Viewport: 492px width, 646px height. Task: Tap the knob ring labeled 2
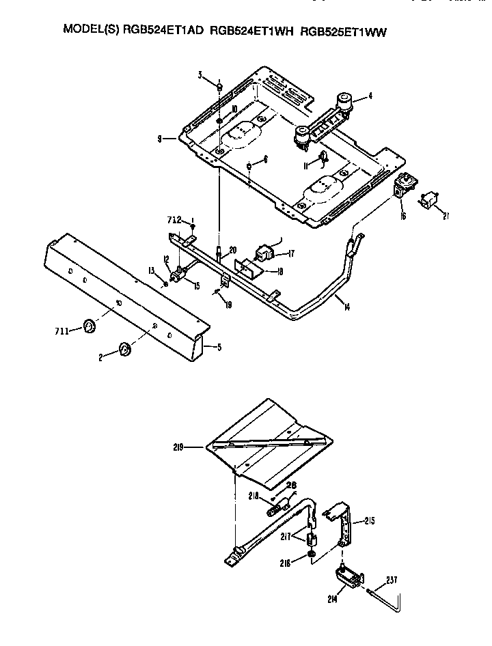[x=125, y=350]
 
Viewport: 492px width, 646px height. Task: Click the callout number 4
[x=370, y=96]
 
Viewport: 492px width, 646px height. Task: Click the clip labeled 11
[x=325, y=158]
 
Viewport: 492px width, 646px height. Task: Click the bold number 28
[x=292, y=485]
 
